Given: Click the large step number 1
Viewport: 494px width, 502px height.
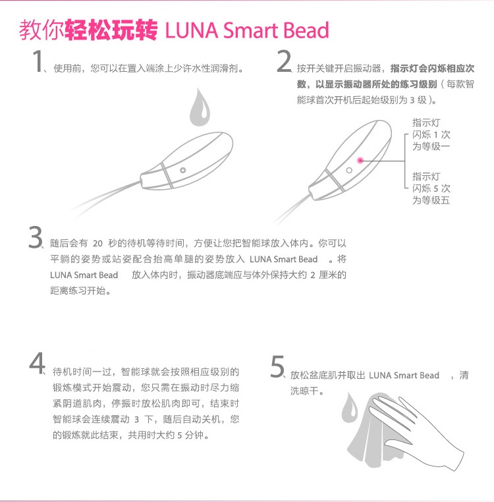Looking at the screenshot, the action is [x=38, y=61].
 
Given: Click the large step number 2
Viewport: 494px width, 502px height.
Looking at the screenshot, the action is [x=284, y=61].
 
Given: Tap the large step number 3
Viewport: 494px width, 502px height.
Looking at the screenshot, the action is [x=35, y=237].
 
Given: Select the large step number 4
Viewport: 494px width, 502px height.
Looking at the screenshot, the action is [x=37, y=363].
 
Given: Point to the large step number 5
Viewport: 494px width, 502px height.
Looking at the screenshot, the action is [x=277, y=366].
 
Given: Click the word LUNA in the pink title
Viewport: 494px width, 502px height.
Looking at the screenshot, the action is [x=192, y=30].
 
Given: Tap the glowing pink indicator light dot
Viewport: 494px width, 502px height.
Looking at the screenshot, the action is [x=360, y=160].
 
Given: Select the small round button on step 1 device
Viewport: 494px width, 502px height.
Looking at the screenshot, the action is [x=183, y=170].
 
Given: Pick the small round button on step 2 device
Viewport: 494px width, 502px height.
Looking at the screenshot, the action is [x=349, y=171].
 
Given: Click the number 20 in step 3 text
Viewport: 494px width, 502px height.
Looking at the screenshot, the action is [x=97, y=244].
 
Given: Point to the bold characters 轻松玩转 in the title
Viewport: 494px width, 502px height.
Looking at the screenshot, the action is [x=111, y=30].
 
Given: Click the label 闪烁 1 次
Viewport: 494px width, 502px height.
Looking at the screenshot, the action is [x=431, y=134].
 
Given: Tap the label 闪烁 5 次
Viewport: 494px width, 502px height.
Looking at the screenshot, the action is [x=431, y=188].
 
